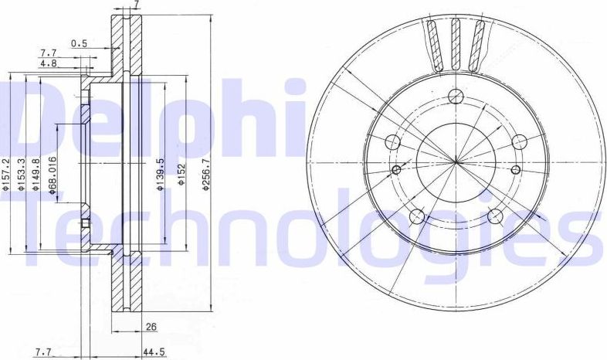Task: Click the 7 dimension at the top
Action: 136,5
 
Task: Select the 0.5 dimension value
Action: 79,44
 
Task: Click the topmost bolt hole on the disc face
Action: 456,97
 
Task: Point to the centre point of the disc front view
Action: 456,161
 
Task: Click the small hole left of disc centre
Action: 397,170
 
